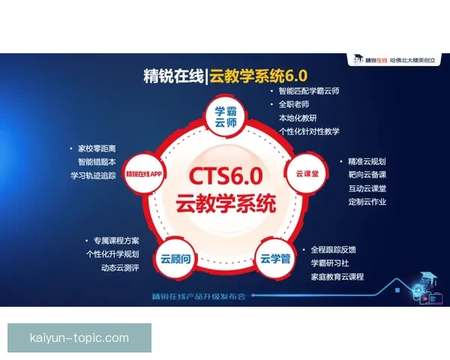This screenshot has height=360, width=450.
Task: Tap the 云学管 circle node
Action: pos(275,259)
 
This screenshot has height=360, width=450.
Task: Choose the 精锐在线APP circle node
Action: pos(145,173)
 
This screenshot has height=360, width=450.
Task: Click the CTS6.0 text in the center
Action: pos(225,176)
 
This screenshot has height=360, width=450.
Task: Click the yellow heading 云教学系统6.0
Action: pos(259,76)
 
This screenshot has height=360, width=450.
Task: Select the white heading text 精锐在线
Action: pos(173,76)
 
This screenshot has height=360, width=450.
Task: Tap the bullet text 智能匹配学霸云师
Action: pos(308,91)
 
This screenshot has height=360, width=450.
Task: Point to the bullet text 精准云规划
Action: pos(367,161)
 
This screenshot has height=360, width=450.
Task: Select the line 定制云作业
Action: pos(367,202)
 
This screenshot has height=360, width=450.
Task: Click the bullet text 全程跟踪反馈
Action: pos(333,249)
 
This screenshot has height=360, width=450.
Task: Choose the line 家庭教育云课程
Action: pos(337,277)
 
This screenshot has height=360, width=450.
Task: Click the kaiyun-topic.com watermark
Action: pos(79,337)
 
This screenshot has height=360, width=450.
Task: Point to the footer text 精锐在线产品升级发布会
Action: pos(198,295)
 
